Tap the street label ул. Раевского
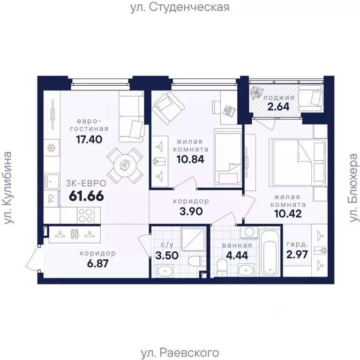pos(180,352)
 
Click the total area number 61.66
pos(86,195)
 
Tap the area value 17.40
pos(89,139)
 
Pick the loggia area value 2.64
pos(278,105)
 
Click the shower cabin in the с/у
pos(192,240)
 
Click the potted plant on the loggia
pos(258,92)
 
